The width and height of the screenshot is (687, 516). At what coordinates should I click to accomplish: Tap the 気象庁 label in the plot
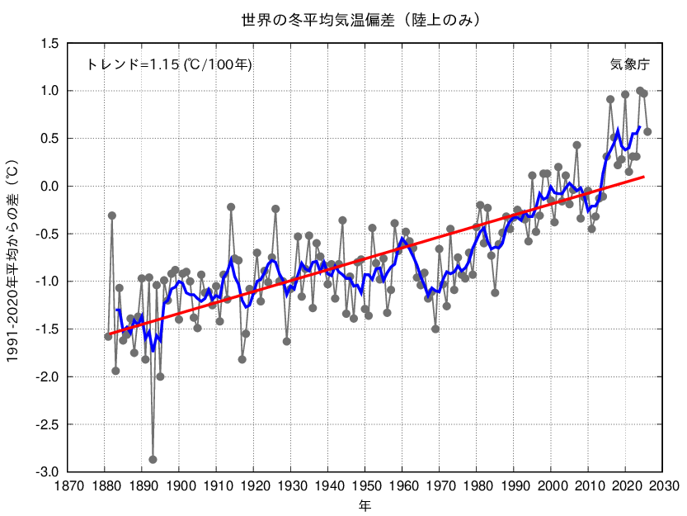coord(629,64)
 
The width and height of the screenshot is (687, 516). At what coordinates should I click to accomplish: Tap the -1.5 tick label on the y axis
coord(48,329)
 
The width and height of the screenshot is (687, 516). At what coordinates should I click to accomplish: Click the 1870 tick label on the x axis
coord(68,485)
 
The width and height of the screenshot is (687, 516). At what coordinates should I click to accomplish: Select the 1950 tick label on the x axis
coord(365,485)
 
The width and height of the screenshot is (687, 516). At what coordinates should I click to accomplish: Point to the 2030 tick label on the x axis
coord(663,485)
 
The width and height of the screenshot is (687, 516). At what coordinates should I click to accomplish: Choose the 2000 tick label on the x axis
coord(552,485)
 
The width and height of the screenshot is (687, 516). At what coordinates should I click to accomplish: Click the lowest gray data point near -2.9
coord(153,460)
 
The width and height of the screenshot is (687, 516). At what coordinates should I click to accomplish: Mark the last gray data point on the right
coord(647,131)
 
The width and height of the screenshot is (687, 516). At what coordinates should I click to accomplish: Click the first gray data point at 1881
coord(108,336)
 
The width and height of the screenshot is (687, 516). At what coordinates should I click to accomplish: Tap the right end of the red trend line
coord(643,177)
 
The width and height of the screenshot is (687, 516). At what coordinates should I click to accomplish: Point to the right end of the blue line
coord(640,127)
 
